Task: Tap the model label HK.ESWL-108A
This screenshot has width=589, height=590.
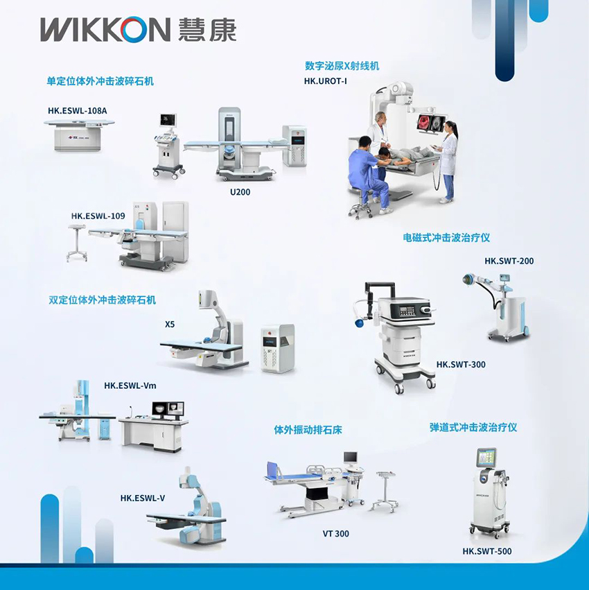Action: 77,111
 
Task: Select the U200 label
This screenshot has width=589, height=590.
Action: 240,192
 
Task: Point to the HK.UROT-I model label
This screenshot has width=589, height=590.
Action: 326,81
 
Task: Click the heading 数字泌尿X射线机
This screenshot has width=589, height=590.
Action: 342,66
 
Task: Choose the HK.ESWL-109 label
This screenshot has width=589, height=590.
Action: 98,216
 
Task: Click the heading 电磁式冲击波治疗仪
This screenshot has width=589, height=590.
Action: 446,237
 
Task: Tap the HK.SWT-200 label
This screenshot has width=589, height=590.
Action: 509,261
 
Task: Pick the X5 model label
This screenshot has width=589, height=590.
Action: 170,324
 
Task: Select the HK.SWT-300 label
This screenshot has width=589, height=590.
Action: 461,364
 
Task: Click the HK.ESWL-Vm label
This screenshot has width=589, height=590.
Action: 130,385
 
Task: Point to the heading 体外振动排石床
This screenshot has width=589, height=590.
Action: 308,430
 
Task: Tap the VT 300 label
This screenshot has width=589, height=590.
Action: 335,534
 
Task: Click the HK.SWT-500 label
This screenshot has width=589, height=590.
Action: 487,551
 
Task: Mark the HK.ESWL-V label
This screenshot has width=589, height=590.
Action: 143,498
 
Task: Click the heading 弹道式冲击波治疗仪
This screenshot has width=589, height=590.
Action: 473,428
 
